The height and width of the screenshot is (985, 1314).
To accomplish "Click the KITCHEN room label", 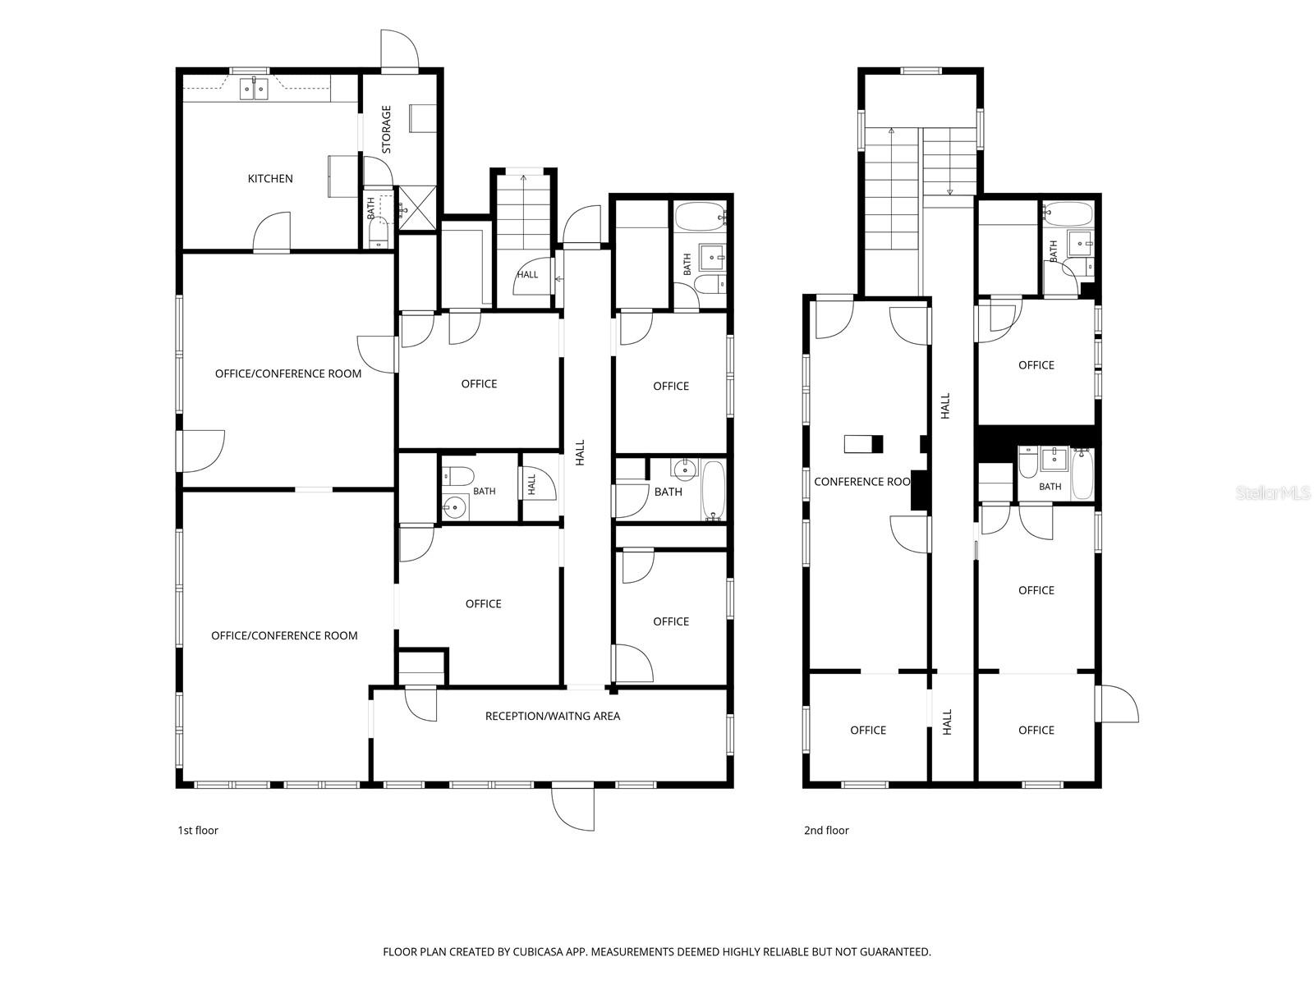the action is coord(270,178).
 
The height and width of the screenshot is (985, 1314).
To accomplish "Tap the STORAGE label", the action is coord(386,129).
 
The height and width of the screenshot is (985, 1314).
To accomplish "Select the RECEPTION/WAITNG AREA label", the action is coord(552,716).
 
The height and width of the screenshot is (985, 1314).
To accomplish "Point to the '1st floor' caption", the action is coord(198,830).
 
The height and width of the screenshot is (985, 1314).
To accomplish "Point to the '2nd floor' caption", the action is coord(826,830).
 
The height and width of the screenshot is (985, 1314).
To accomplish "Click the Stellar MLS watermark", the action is coord(1272,492).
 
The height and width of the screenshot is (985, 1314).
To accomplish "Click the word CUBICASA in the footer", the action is coord(538,951).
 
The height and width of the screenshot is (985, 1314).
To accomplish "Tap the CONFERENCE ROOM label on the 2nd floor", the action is coord(862,482).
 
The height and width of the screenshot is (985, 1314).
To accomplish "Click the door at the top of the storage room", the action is coord(399,50).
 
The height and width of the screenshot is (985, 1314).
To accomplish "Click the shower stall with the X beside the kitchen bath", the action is coord(417,208).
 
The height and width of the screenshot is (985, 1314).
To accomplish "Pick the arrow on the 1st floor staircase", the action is coord(524,180).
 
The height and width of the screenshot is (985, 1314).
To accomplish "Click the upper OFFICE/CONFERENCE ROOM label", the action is coord(288,373).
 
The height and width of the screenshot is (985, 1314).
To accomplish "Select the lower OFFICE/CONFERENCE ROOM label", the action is coord(284,635).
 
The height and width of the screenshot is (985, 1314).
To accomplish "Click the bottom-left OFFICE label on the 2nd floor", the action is coord(868,731).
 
